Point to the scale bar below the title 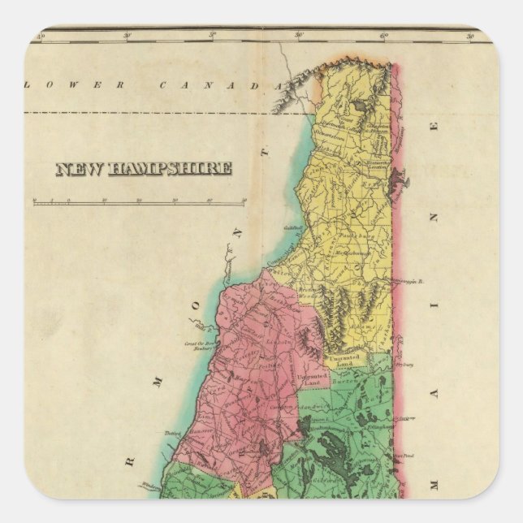coord(139,200)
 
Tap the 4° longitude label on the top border coord(37,37)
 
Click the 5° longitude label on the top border coord(213,37)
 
